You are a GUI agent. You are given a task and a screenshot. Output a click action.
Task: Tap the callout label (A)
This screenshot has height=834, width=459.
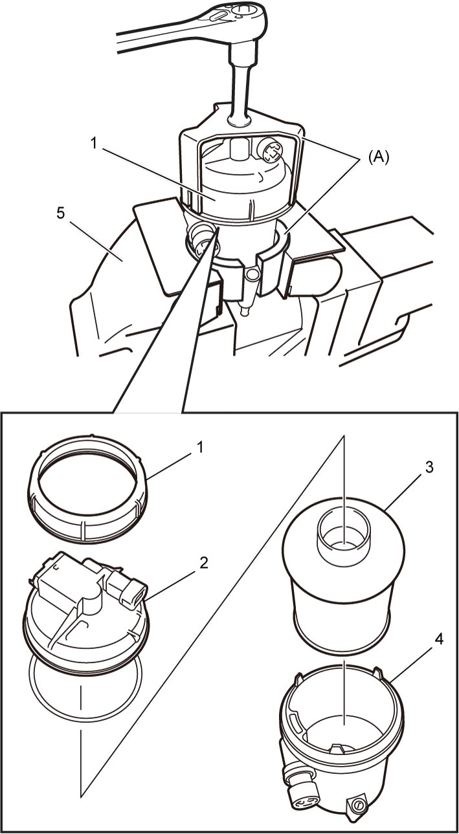click(378, 157)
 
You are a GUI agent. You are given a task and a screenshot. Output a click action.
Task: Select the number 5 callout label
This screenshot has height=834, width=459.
click(60, 214)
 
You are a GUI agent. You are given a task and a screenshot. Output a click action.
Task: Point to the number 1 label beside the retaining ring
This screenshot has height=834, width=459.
click(201, 447)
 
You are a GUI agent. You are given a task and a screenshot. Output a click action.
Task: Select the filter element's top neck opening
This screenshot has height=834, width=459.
click(344, 536)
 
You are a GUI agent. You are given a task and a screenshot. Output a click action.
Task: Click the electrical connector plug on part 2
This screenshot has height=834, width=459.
click(132, 592)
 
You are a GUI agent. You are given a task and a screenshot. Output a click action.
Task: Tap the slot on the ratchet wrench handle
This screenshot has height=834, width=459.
click(218, 16)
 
